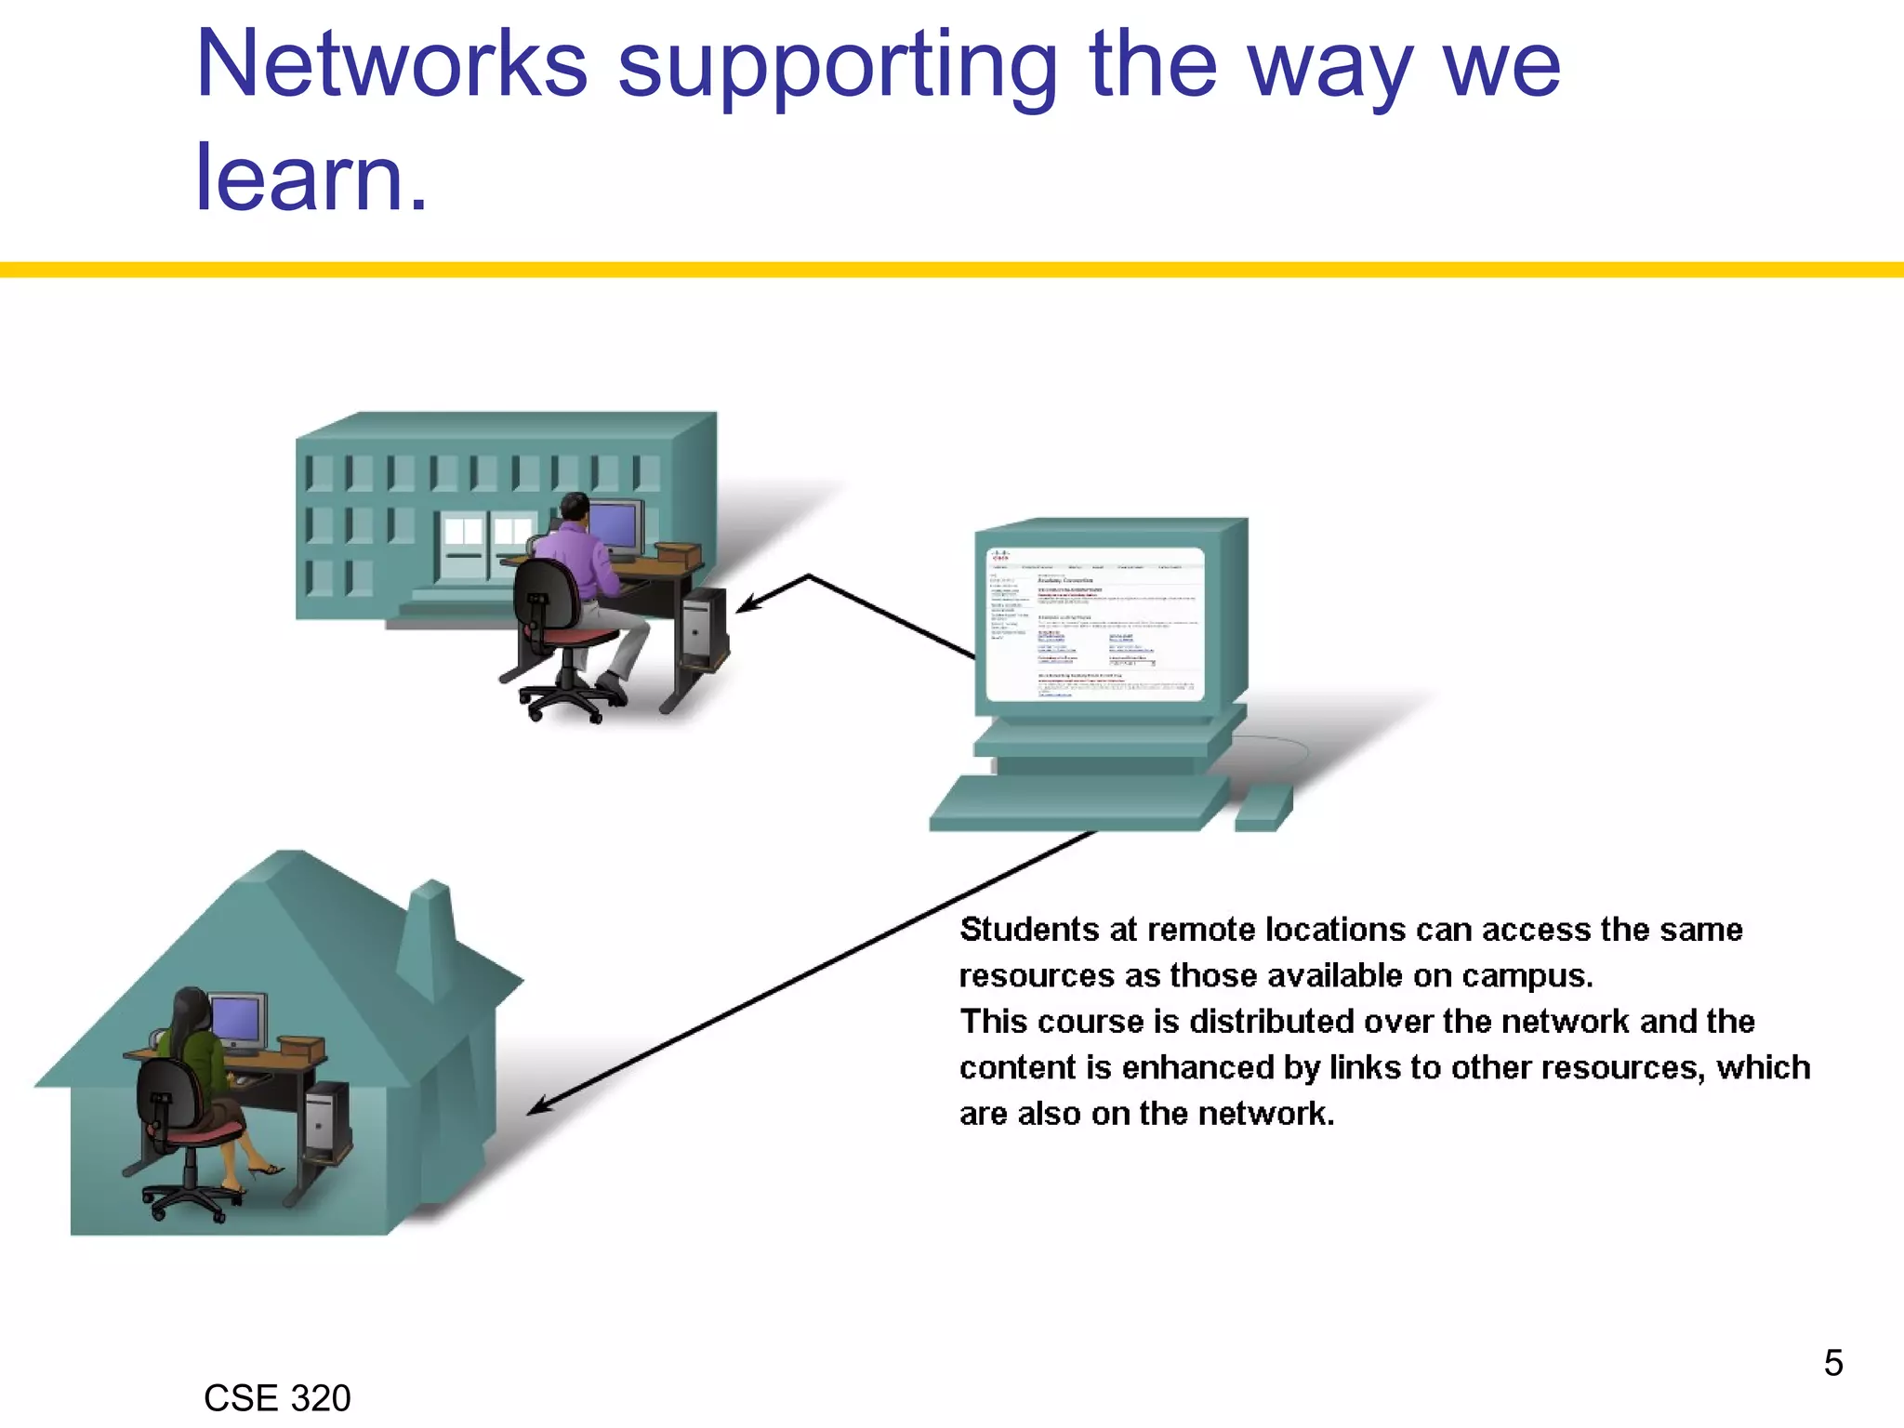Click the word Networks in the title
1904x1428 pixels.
(391, 65)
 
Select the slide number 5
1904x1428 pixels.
(1832, 1363)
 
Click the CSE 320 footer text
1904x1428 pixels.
(277, 1398)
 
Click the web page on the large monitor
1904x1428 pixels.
(1094, 623)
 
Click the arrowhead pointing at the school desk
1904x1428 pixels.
(747, 605)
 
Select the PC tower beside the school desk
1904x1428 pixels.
(703, 628)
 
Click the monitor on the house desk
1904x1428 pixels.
(237, 1021)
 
